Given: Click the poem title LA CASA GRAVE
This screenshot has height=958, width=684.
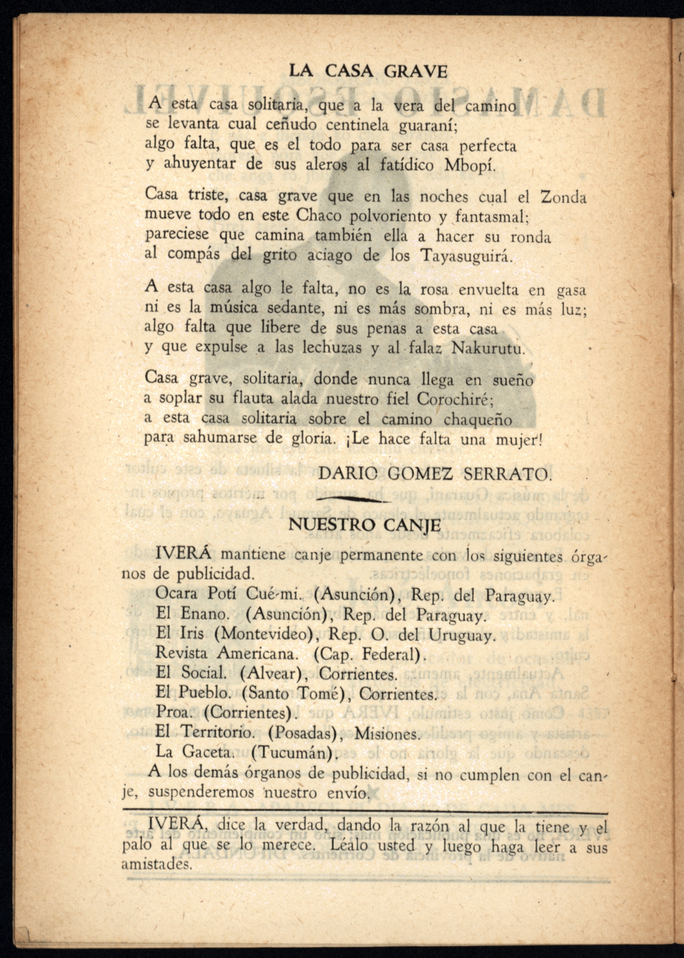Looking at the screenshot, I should coord(368,71).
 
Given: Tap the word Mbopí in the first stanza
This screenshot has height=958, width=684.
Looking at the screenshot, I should coord(481,164).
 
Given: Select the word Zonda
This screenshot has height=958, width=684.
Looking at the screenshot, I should coord(563,197).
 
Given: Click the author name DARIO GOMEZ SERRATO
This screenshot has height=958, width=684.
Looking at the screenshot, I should coord(434,474).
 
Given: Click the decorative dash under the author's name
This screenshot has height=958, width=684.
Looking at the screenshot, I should coord(354,500).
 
